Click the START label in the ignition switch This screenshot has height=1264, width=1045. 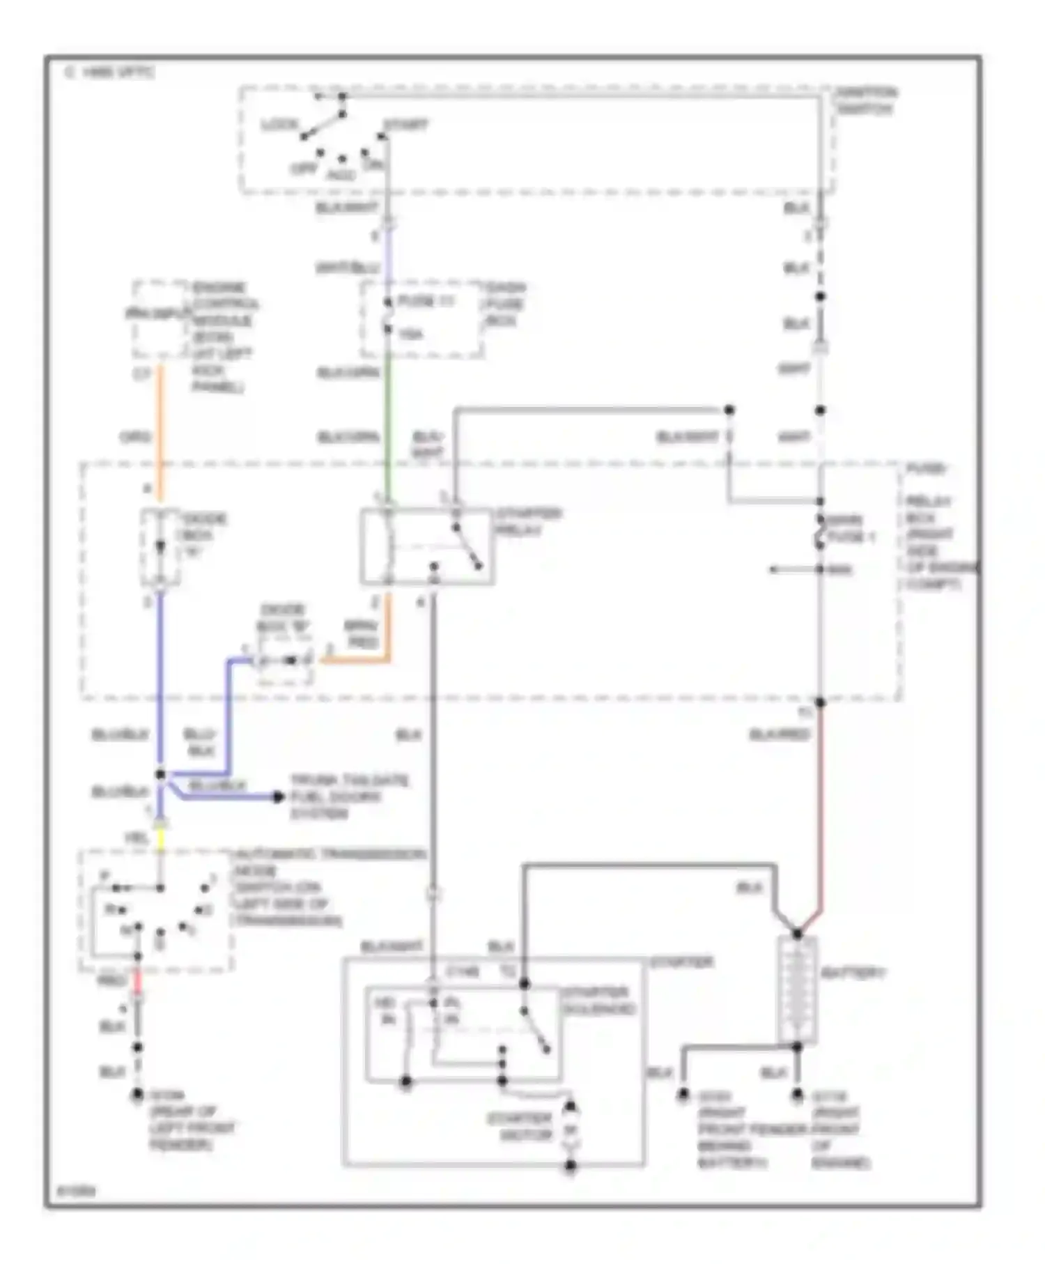point(406,125)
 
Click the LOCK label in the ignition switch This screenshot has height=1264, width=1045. point(279,125)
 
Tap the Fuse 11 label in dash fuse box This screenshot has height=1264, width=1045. point(426,302)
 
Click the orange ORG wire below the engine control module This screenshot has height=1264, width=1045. point(160,432)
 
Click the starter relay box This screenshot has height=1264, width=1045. point(426,546)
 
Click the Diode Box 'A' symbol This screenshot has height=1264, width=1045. point(160,548)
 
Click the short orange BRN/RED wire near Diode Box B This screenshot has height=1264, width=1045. point(355,660)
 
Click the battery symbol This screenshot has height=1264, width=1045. point(796,989)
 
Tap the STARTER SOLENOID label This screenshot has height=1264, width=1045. point(598,1001)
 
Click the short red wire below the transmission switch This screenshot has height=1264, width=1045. point(138,981)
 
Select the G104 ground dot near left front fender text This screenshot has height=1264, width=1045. point(138,1095)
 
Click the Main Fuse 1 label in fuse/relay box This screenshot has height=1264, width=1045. point(851,528)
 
